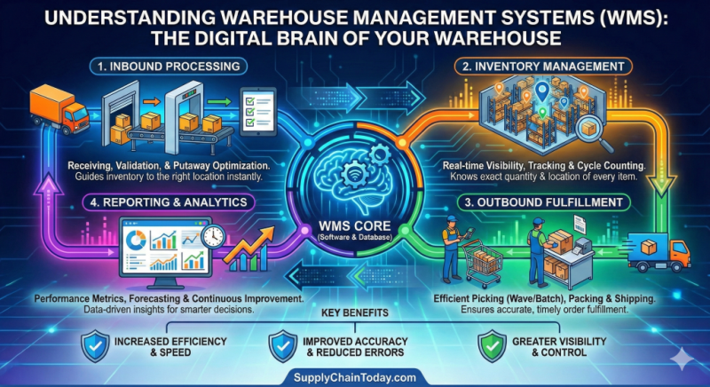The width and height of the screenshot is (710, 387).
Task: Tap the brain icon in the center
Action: click(351, 167)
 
